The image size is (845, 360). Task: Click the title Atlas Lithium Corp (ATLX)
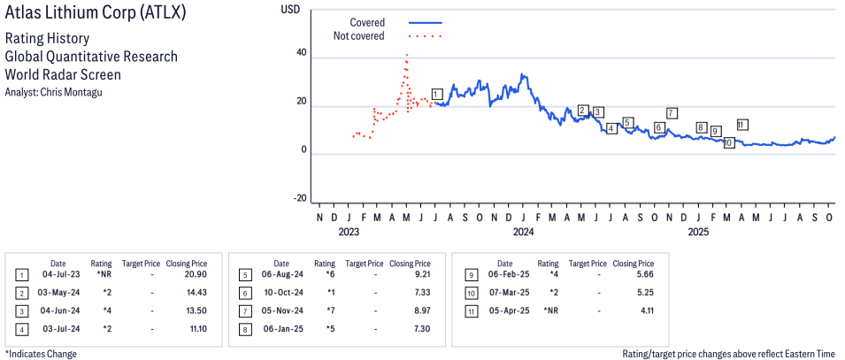point(96,15)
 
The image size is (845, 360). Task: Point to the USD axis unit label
point(289,9)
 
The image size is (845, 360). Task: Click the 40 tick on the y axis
point(301,53)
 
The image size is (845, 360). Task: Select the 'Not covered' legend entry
point(358,36)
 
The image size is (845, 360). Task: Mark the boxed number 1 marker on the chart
point(436,94)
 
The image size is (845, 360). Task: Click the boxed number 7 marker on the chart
point(672,113)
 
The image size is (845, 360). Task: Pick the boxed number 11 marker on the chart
point(741,125)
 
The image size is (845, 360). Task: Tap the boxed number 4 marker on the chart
point(611,129)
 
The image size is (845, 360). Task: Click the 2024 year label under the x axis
point(523,233)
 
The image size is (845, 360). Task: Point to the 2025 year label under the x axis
point(698,233)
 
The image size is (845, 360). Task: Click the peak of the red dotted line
point(406,55)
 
